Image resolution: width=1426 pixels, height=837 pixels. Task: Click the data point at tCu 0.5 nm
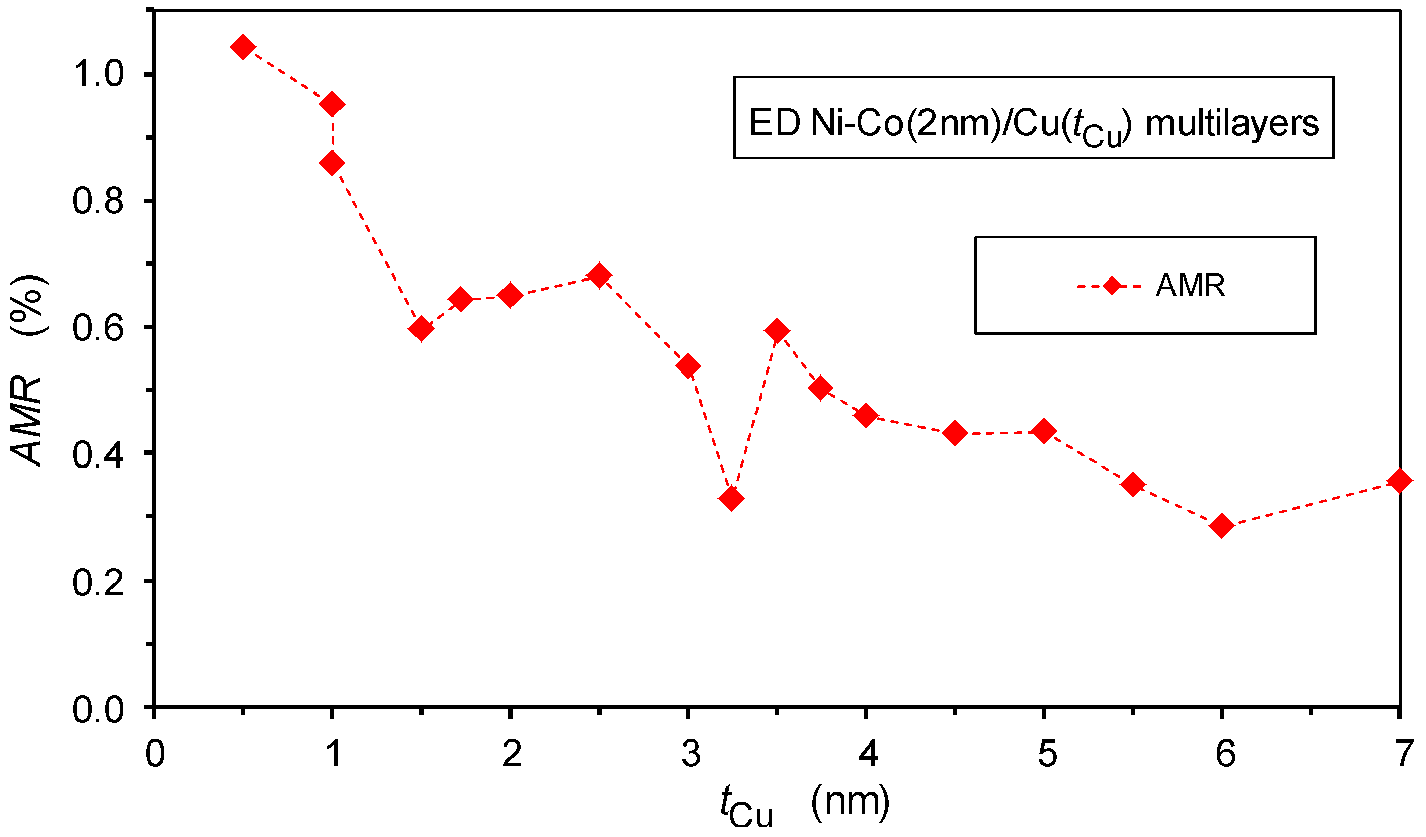coord(243,47)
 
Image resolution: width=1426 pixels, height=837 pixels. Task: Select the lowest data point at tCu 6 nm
coord(1222,526)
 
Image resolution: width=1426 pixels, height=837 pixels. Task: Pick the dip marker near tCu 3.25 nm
coord(731,499)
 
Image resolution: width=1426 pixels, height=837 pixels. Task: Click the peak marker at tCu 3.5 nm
coord(777,331)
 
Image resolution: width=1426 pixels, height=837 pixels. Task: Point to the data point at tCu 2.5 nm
coord(599,276)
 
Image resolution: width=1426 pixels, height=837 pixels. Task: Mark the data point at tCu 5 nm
coord(1044,431)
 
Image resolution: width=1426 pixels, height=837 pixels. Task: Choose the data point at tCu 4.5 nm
coord(955,433)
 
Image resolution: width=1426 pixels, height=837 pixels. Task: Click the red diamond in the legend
coord(1112,286)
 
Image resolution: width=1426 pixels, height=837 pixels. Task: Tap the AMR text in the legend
coord(1190,286)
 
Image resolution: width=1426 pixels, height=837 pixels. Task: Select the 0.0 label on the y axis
coord(98,709)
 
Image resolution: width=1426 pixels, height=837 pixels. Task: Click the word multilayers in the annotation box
coord(1232,124)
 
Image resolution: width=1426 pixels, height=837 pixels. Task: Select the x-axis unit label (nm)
coord(850,802)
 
